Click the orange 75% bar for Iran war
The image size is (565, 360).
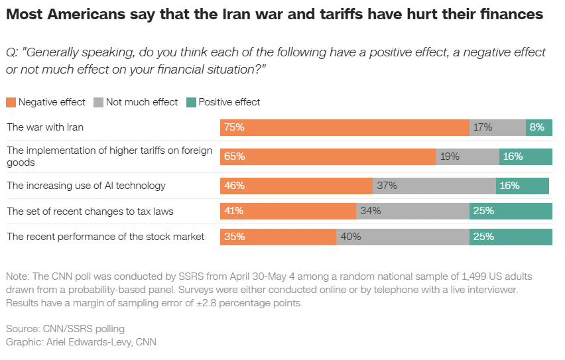pyautogui.click(x=345, y=127)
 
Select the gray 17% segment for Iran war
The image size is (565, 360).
pyautogui.click(x=497, y=127)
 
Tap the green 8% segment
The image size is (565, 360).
pyautogui.click(x=539, y=127)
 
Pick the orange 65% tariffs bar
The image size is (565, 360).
pyautogui.click(x=328, y=156)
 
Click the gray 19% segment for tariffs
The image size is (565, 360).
pyautogui.click(x=468, y=156)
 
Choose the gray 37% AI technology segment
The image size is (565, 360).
pyautogui.click(x=434, y=186)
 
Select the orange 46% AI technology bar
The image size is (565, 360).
pyautogui.click(x=296, y=186)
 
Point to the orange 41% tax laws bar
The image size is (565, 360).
pyautogui.click(x=288, y=211)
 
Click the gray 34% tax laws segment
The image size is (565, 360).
pyautogui.click(x=413, y=211)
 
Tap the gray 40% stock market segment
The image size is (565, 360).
pyautogui.click(x=403, y=237)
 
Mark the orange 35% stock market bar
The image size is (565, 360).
pyautogui.click(x=278, y=237)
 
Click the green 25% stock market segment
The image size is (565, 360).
pyautogui.click(x=511, y=237)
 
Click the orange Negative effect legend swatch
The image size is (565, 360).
pyautogui.click(x=11, y=102)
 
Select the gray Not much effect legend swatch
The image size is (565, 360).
pyautogui.click(x=98, y=102)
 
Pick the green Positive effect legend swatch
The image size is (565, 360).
pyautogui.click(x=191, y=102)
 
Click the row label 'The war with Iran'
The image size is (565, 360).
pyautogui.click(x=45, y=127)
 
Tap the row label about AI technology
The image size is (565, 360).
pyautogui.click(x=86, y=186)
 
